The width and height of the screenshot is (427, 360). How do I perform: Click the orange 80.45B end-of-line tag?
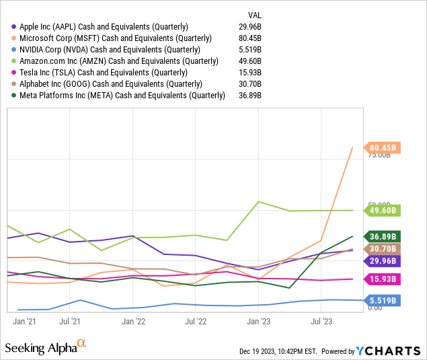click(x=383, y=147)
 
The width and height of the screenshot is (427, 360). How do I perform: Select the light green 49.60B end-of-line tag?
click(x=383, y=211)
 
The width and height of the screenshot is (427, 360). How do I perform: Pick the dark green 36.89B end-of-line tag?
click(x=383, y=236)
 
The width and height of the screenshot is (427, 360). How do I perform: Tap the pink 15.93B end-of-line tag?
click(x=383, y=279)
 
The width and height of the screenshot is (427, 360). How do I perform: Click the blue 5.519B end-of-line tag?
click(x=383, y=300)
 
